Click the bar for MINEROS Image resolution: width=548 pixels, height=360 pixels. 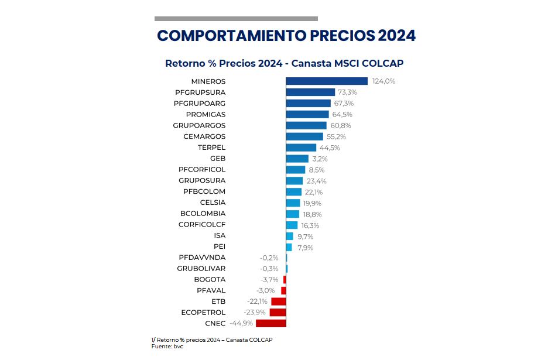pos(326,81)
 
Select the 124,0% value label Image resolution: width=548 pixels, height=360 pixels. pos(383,81)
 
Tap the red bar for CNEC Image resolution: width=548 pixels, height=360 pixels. pos(270,323)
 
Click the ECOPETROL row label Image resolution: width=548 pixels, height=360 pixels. pos(203,313)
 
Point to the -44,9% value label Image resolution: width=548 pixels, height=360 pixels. pos(241,323)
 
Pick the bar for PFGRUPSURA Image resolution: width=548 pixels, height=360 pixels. pos(310,92)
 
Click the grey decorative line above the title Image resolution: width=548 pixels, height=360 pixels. pos(236,19)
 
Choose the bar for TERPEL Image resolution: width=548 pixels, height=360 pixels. pos(300,148)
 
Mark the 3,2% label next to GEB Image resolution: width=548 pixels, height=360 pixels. pos(320,159)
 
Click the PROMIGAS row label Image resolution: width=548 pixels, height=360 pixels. pos(205,115)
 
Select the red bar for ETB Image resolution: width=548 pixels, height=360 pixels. pos(278,301)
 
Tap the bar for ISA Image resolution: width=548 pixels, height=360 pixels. pos(289,236)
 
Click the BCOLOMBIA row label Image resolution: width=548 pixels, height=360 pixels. pos(203,214)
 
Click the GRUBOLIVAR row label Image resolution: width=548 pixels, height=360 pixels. pos(201,269)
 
